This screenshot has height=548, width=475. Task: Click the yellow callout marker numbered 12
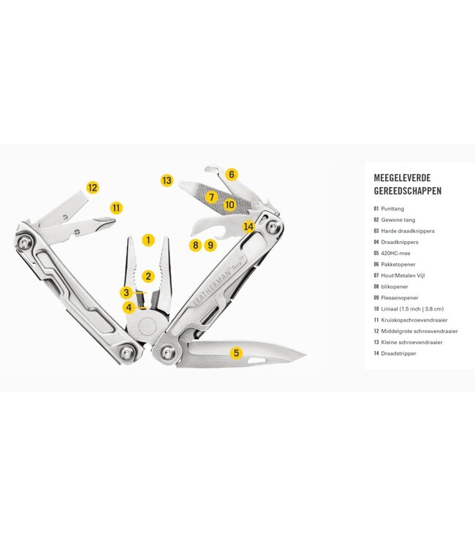tap(92, 187)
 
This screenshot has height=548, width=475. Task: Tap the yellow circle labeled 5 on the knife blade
tap(235, 353)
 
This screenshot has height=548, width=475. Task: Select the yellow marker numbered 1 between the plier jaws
tap(149, 239)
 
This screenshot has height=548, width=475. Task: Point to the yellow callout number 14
tap(248, 227)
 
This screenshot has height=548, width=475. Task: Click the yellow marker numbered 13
tap(167, 180)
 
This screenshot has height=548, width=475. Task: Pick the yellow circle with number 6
tap(232, 174)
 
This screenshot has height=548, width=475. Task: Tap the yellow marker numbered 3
tap(126, 292)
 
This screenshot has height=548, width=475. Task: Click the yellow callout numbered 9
tap(210, 245)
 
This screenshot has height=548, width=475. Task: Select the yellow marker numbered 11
tap(116, 208)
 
